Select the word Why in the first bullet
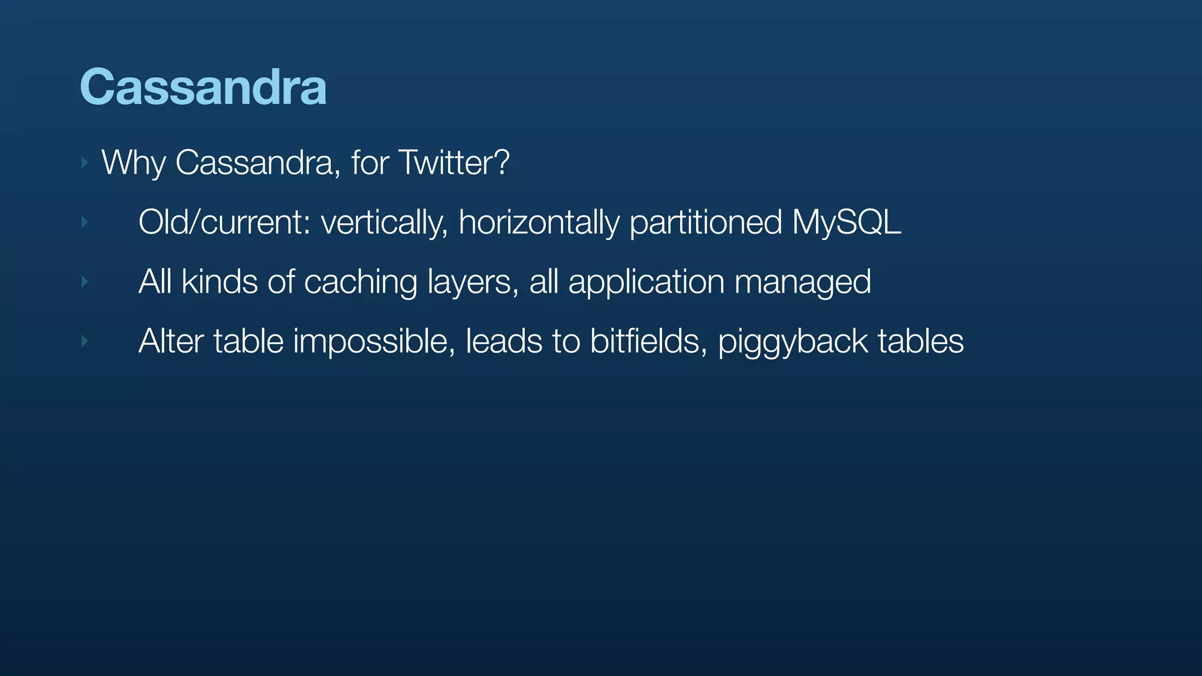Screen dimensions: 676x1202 (133, 163)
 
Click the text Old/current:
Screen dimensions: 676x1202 (224, 222)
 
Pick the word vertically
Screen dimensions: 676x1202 (384, 222)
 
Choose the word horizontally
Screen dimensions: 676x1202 (539, 222)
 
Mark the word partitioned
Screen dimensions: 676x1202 (705, 222)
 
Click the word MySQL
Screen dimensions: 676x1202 (846, 222)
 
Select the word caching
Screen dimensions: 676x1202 (360, 283)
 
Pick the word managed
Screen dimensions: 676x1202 (802, 283)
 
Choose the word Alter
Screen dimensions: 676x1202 (171, 342)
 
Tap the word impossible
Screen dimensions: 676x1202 (374, 342)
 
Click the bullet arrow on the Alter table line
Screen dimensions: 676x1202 (85, 341)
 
